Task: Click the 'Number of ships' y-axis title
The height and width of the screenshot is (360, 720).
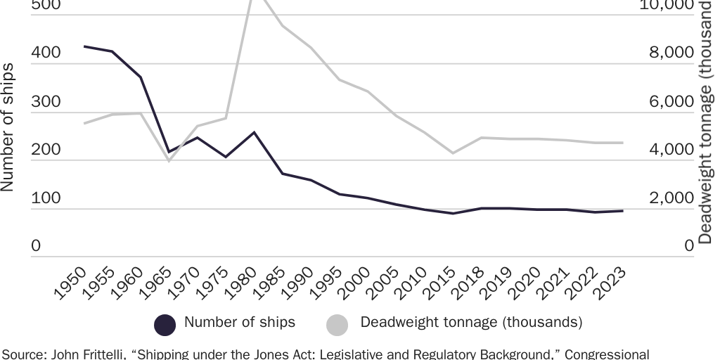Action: coord(8,127)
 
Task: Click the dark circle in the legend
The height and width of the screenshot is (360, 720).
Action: coord(165,324)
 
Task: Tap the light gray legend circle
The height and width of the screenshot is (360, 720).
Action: coord(337,324)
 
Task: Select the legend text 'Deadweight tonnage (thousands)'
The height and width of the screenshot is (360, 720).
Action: coord(471,323)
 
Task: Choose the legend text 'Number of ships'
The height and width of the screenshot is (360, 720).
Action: coord(240,323)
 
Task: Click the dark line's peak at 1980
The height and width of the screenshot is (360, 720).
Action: coord(254,132)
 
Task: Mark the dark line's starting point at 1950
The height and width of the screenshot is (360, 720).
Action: coord(84,46)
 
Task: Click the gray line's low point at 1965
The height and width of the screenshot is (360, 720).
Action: coord(169,161)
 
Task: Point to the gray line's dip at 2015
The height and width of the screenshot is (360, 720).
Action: coord(453,153)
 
